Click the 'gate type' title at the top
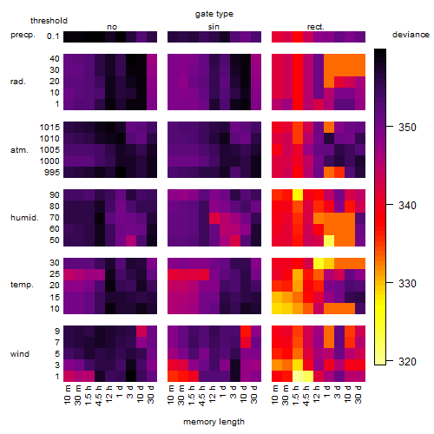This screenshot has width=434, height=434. click(x=214, y=14)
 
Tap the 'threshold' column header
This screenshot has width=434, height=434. click(x=49, y=21)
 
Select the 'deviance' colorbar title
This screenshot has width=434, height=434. click(x=411, y=35)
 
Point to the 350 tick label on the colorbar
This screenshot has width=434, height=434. click(x=407, y=128)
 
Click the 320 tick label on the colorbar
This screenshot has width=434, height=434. click(x=407, y=361)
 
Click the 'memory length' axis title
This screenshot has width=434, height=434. click(x=214, y=422)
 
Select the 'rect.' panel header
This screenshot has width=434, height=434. click(x=316, y=27)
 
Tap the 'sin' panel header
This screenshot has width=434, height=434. click(x=214, y=27)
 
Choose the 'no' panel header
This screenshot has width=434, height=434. click(x=112, y=27)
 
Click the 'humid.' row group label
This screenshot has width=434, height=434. click(x=24, y=218)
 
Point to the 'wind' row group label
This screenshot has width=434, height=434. click(x=20, y=354)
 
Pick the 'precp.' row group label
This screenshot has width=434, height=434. click(x=23, y=35)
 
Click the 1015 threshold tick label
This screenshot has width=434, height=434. click(x=49, y=128)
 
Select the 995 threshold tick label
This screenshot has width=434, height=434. click(x=52, y=173)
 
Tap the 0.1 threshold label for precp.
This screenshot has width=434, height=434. click(x=53, y=36)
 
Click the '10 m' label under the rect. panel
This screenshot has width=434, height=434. click(x=275, y=394)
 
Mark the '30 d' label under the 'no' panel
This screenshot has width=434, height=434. click(x=151, y=394)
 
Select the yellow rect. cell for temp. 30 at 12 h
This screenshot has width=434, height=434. click(x=319, y=263)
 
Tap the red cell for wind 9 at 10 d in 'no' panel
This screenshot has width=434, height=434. click(x=141, y=331)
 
